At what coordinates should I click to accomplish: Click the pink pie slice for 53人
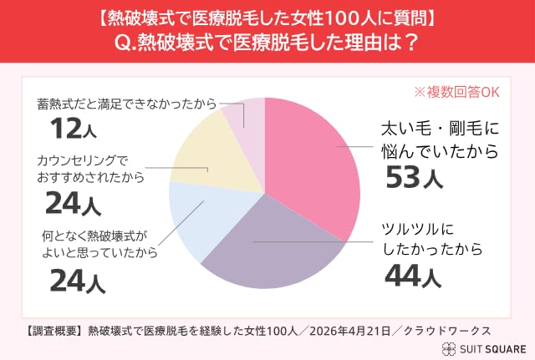pyautogui.click(x=313, y=167)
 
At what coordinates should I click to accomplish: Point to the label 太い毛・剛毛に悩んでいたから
pyautogui.click(x=440, y=140)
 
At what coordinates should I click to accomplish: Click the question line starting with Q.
pyautogui.click(x=267, y=41)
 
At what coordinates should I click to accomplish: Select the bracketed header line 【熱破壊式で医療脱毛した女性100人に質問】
pyautogui.click(x=267, y=16)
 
